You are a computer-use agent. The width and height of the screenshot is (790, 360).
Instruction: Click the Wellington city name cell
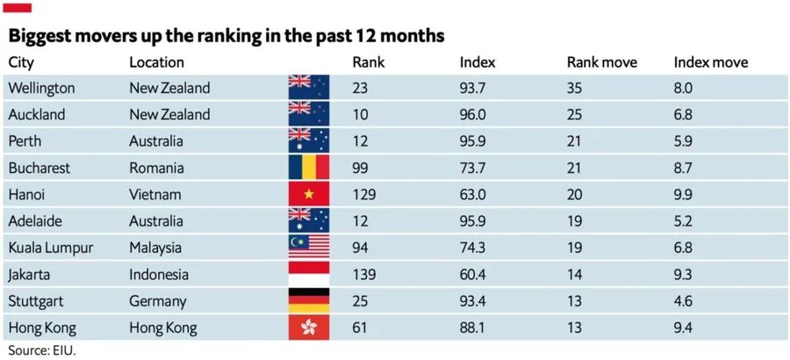click(41, 88)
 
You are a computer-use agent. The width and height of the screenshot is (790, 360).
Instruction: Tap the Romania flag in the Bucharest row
click(308, 168)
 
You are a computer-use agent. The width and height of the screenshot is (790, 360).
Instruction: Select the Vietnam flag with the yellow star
click(308, 194)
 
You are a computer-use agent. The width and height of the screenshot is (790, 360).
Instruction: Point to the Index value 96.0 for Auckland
click(473, 114)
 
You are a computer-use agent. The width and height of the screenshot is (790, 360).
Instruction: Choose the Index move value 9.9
click(684, 194)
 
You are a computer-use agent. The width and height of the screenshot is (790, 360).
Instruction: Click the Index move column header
click(710, 62)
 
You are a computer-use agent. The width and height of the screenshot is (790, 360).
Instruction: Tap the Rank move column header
click(601, 62)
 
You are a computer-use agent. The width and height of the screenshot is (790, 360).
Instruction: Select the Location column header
click(156, 62)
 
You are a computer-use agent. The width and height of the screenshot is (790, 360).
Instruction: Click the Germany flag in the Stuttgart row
click(308, 301)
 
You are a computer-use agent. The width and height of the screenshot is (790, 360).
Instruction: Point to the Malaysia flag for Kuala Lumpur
click(308, 248)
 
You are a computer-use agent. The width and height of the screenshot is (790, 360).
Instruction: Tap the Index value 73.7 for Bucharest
click(473, 168)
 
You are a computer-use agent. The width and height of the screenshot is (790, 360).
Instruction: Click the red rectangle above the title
click(18, 7)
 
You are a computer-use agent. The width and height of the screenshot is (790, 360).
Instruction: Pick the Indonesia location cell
click(159, 275)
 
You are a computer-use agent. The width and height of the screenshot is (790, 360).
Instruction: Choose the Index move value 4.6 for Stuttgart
click(683, 301)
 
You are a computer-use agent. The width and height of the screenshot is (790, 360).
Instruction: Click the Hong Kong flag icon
click(308, 328)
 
